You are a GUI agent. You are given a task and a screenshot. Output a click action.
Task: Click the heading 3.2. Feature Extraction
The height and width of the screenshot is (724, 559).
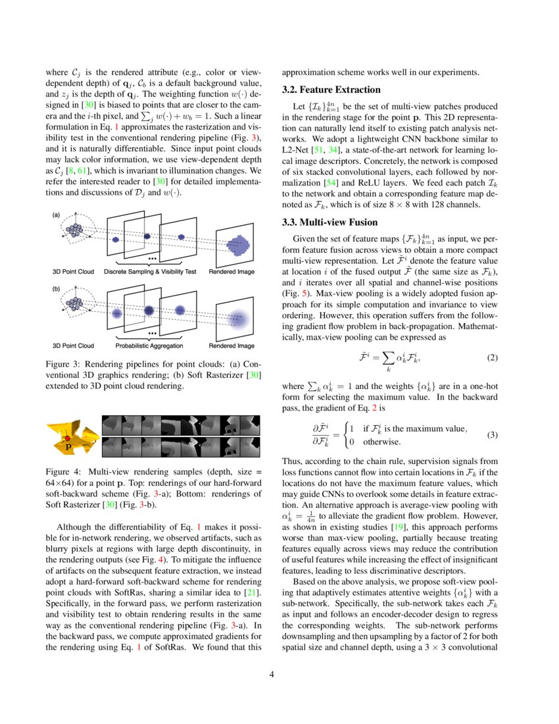pyautogui.click(x=331, y=90)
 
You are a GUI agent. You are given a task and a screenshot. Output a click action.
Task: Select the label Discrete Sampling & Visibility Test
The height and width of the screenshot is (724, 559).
pyautogui.click(x=151, y=271)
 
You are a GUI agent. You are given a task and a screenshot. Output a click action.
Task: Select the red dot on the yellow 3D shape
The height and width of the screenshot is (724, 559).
pyautogui.click(x=67, y=438)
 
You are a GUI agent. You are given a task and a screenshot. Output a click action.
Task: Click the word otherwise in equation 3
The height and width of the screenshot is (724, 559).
pyautogui.click(x=383, y=442)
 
